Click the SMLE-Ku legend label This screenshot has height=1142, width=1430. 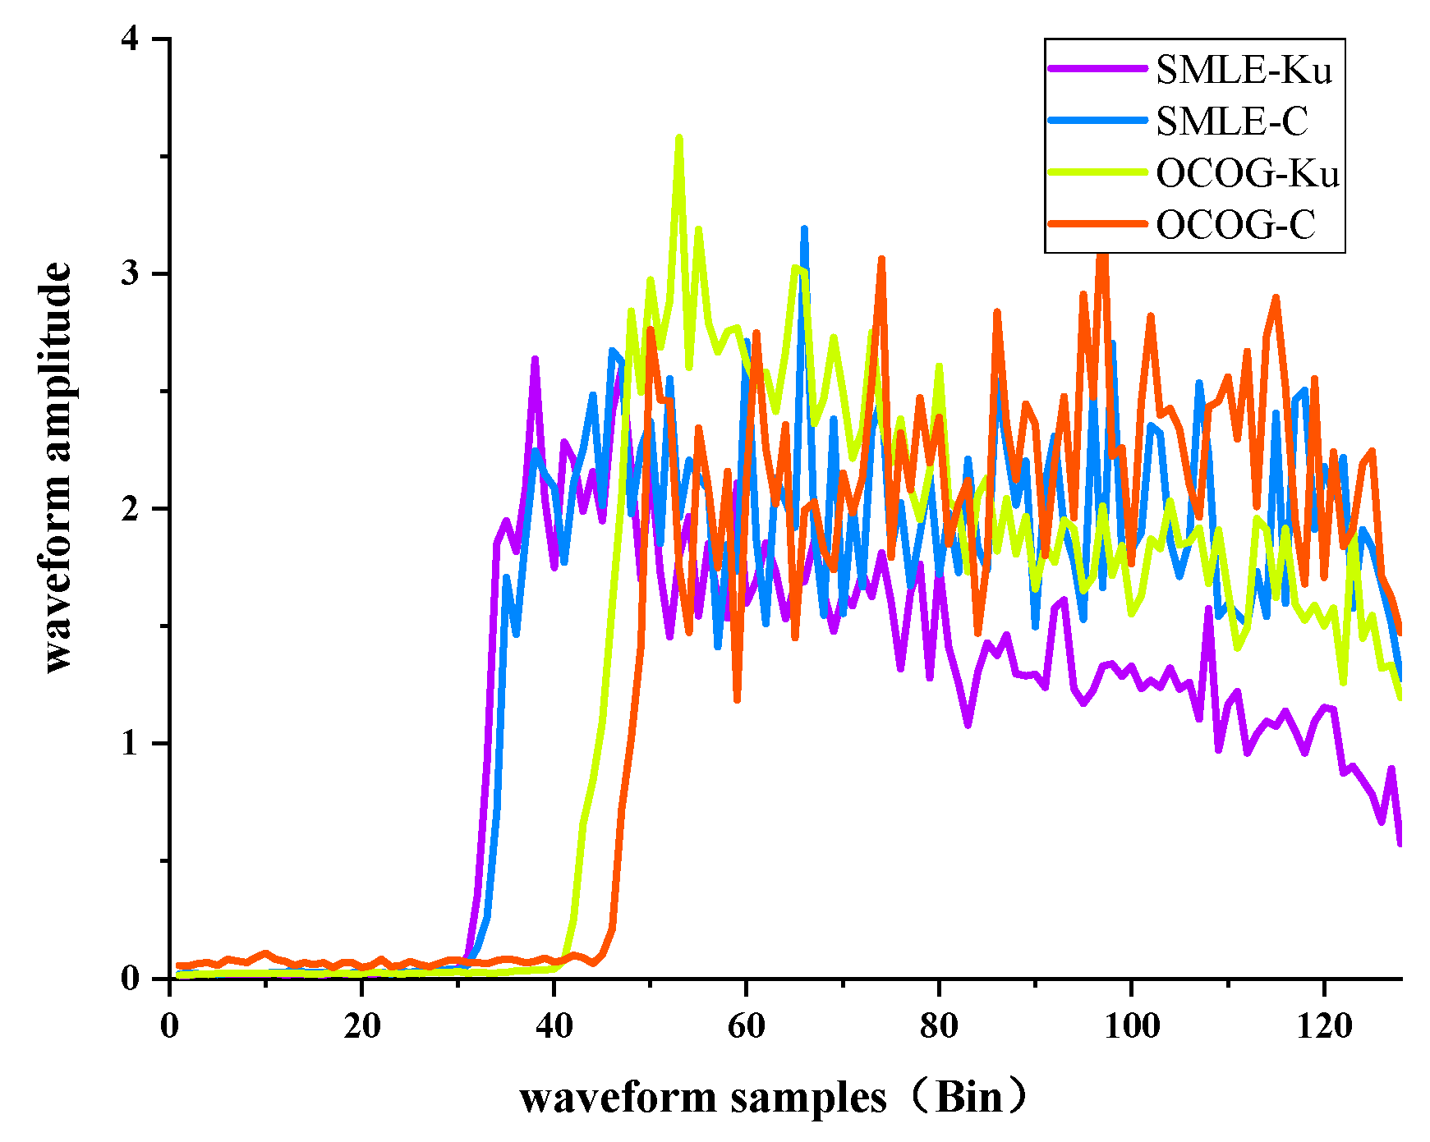click(x=1244, y=71)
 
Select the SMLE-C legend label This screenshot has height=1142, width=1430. click(x=1231, y=122)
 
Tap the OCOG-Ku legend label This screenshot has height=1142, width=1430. click(x=1248, y=173)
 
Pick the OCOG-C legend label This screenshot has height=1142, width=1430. click(x=1235, y=224)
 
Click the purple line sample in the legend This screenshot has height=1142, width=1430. click(x=1097, y=70)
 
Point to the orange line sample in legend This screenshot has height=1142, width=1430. click(x=1097, y=223)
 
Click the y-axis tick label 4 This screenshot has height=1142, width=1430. click(x=131, y=39)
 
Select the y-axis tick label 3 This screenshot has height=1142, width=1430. click(x=131, y=274)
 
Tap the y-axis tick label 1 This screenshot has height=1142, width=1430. click(x=131, y=744)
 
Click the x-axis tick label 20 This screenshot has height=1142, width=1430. click(x=362, y=1025)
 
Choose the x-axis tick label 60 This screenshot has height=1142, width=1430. click(x=747, y=1025)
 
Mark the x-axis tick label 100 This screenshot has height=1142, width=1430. click(x=1132, y=1025)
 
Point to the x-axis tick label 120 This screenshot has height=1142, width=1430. click(x=1324, y=1025)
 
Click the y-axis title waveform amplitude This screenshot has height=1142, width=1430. click(x=57, y=468)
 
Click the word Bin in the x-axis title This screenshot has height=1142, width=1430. click(x=969, y=1098)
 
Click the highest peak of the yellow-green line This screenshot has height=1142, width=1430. click(x=679, y=138)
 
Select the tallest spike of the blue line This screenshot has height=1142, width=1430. click(x=804, y=228)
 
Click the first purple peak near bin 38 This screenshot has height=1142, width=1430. click(x=535, y=359)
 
